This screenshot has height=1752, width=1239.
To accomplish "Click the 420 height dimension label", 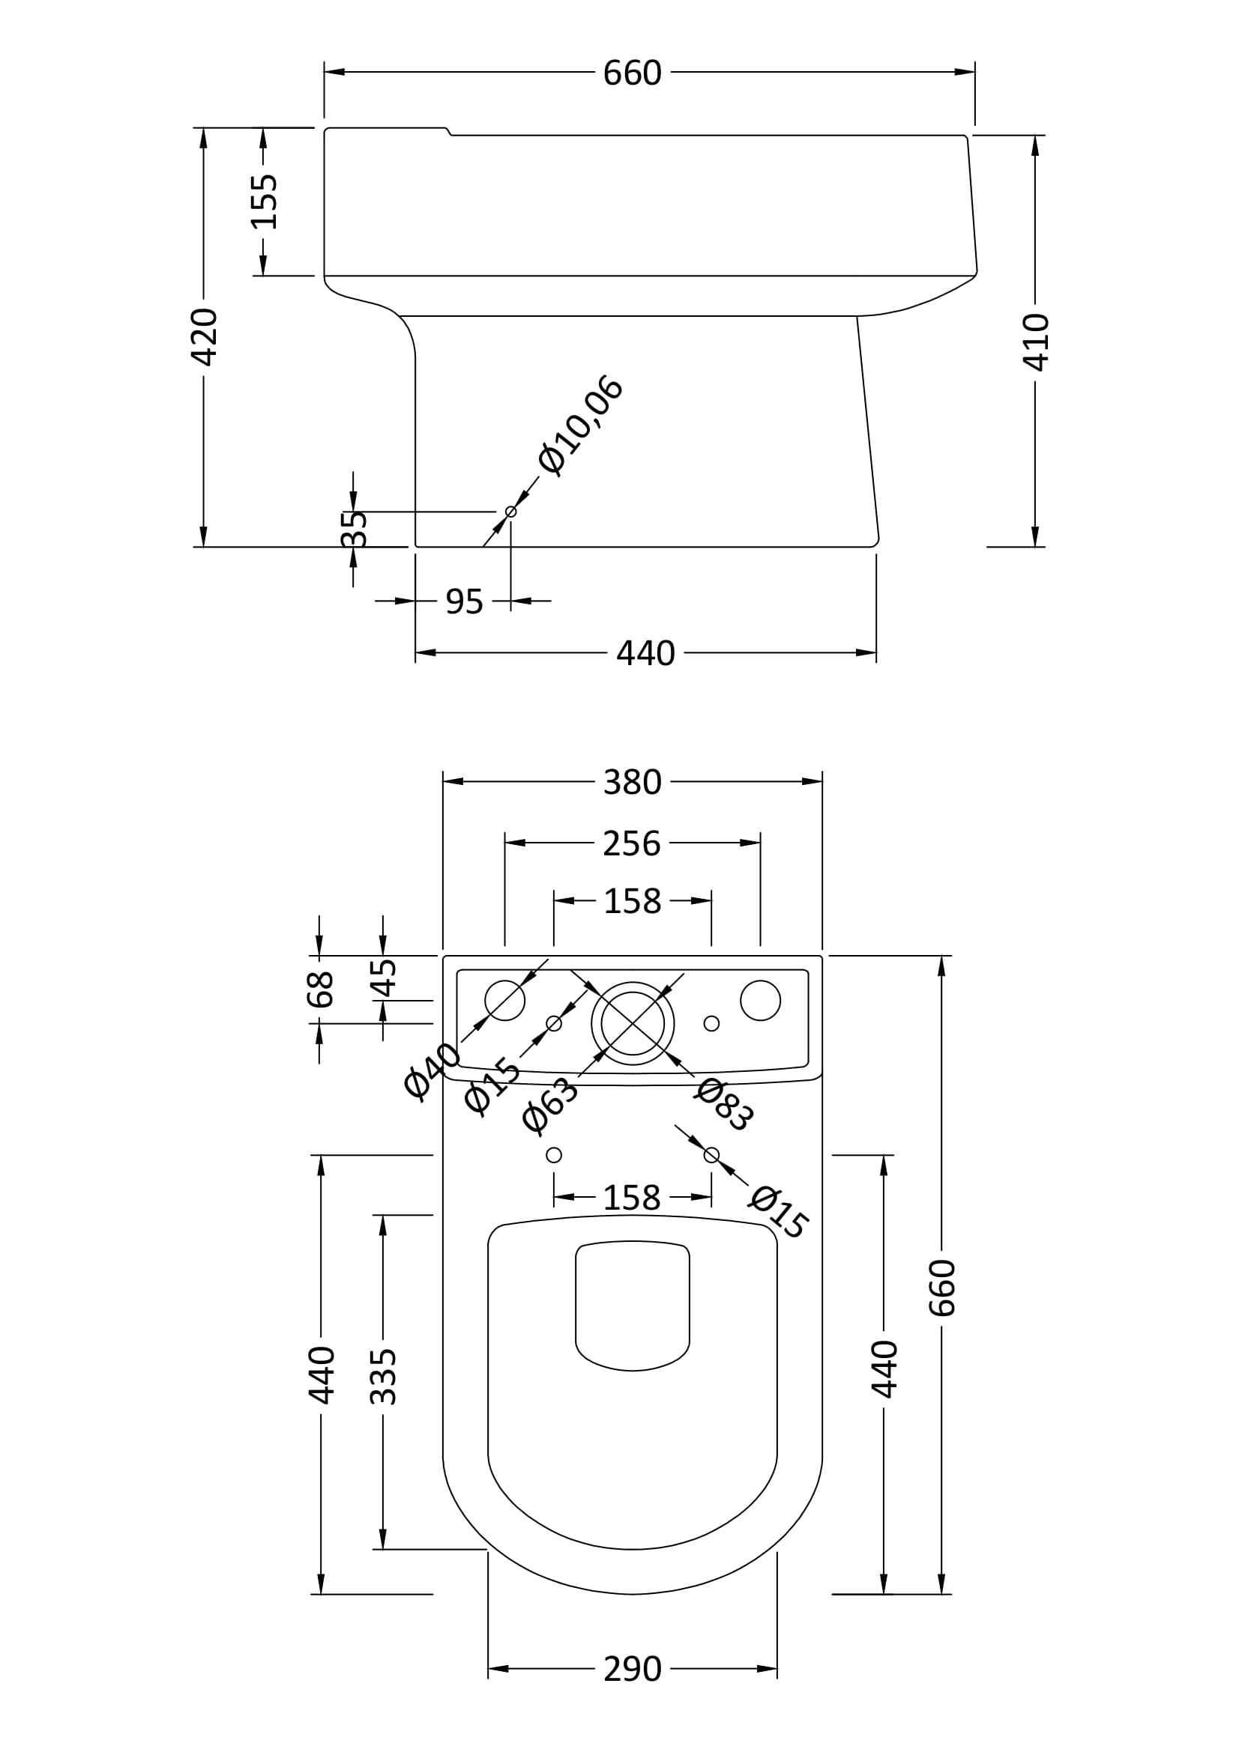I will pyautogui.click(x=205, y=336).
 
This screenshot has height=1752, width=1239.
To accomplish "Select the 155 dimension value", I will pyautogui.click(x=264, y=201).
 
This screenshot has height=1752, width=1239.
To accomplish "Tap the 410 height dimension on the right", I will pyautogui.click(x=1036, y=341).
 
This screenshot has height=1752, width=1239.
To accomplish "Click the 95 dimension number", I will pyautogui.click(x=464, y=602).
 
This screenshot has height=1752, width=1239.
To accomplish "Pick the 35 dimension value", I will pyautogui.click(x=355, y=529).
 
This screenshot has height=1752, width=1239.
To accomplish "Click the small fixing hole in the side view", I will pyautogui.click(x=510, y=512).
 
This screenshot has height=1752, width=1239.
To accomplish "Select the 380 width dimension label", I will pyautogui.click(x=632, y=782).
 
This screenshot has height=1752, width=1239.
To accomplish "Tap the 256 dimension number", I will pyautogui.click(x=631, y=843).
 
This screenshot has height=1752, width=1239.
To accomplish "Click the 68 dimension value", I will pyautogui.click(x=321, y=989).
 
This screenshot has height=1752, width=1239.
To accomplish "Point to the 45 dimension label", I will pyautogui.click(x=383, y=978).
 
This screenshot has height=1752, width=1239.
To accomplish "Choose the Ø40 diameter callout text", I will pyautogui.click(x=432, y=1071).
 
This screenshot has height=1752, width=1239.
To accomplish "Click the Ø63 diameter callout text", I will pyautogui.click(x=550, y=1104).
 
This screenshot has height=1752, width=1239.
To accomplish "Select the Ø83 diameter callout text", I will pyautogui.click(x=724, y=1103).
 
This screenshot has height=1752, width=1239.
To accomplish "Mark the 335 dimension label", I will pyautogui.click(x=383, y=1377).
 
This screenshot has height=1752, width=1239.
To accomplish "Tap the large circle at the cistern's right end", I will pyautogui.click(x=760, y=1001).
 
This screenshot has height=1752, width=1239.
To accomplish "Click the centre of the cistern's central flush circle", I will pyautogui.click(x=633, y=1023).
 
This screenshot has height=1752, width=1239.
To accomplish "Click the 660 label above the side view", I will pyautogui.click(x=632, y=73).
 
